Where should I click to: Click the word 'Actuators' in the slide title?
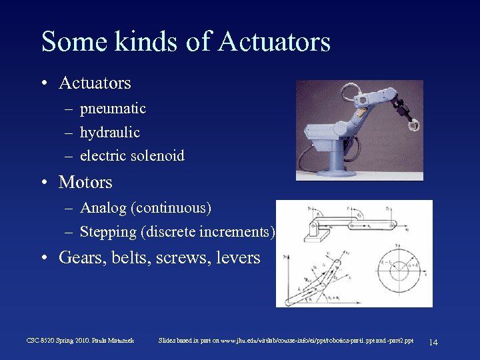pos(274,41)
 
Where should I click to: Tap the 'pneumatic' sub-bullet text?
pos(113,109)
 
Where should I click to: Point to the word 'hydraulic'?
pos(109,132)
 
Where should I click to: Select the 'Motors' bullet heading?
pos(85,182)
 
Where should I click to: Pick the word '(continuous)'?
pos(171,208)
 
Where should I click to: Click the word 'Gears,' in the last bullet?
pos(81,257)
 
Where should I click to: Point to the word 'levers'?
pos(238,257)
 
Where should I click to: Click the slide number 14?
pos(433,342)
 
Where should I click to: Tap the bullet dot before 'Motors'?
pos(44,183)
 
